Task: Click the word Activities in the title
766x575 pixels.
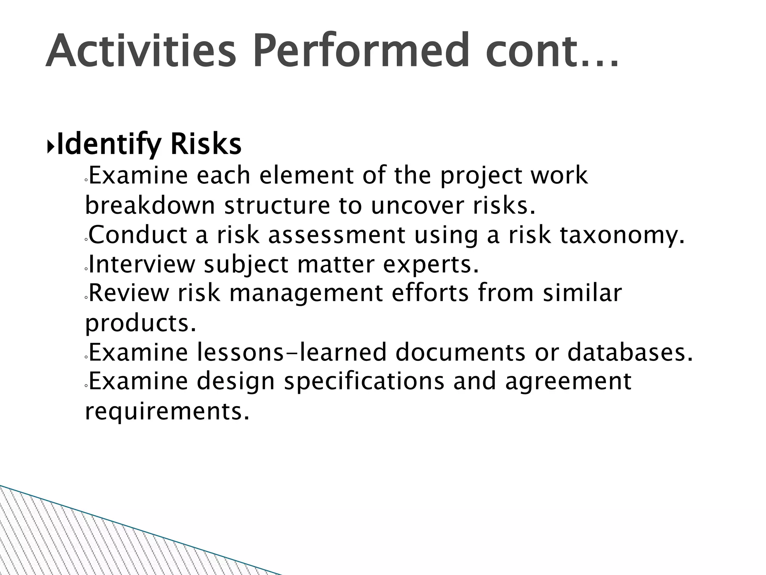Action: (x=141, y=51)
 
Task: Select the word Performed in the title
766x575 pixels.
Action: (x=360, y=51)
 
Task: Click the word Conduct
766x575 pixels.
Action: (x=138, y=235)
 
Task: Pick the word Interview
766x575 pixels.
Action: (x=142, y=264)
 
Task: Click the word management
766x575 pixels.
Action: (x=306, y=293)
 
